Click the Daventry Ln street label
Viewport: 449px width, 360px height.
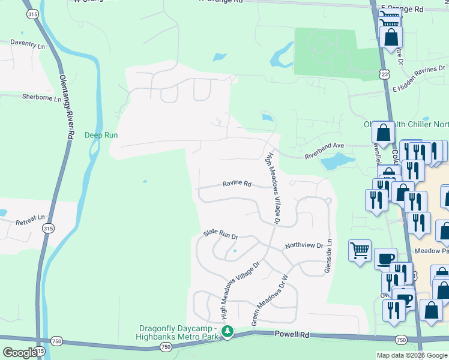pyautogui.click(x=28, y=45)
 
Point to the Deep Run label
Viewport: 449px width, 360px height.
pyautogui.click(x=101, y=135)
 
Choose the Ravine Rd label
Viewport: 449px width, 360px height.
pyautogui.click(x=237, y=184)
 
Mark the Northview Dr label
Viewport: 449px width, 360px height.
pyautogui.click(x=304, y=245)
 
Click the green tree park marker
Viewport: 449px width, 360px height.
pyautogui.click(x=228, y=331)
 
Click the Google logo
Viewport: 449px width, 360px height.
pyautogui.click(x=19, y=352)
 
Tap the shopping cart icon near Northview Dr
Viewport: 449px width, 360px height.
pyautogui.click(x=360, y=250)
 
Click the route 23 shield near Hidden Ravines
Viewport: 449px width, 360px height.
pyautogui.click(x=383, y=73)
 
